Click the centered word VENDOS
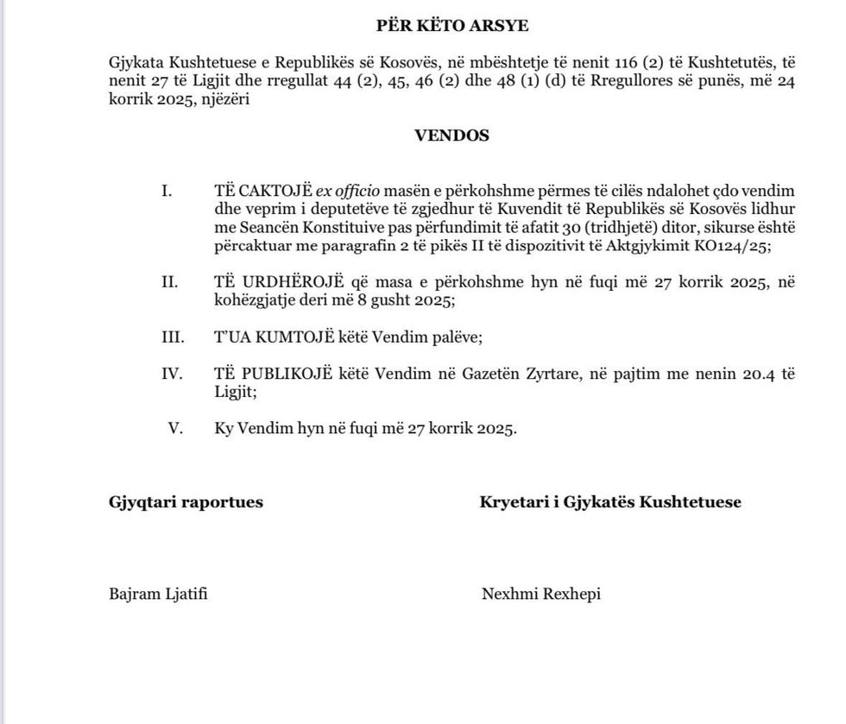pyautogui.click(x=451, y=135)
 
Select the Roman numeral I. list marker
pyautogui.click(x=167, y=191)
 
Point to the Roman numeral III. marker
pyautogui.click(x=172, y=337)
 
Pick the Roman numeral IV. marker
pyautogui.click(x=172, y=374)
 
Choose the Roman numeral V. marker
pyautogui.click(x=175, y=429)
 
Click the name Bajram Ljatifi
pyautogui.click(x=159, y=594)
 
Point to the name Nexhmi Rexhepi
pyautogui.click(x=540, y=594)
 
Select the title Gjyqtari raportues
pyautogui.click(x=186, y=502)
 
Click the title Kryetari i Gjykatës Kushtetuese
pyautogui.click(x=610, y=502)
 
